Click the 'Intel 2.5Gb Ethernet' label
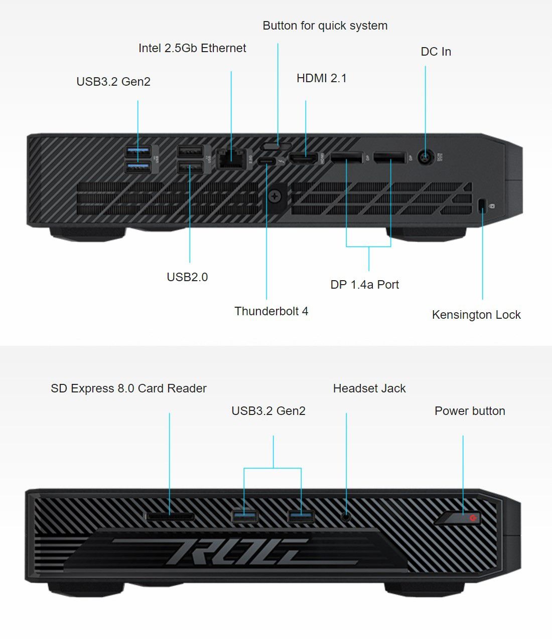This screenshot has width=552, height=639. [x=192, y=48]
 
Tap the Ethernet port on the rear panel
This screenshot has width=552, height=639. [x=230, y=158]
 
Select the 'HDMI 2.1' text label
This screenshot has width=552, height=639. [x=321, y=78]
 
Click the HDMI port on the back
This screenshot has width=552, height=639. [x=305, y=159]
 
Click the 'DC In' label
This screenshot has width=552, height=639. [x=436, y=52]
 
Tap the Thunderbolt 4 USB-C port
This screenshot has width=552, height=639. [x=266, y=162]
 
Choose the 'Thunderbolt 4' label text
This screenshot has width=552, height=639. [x=271, y=311]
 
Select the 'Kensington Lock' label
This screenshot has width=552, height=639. [x=476, y=315]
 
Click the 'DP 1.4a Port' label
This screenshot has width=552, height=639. [x=364, y=285]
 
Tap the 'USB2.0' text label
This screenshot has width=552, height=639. [x=187, y=277]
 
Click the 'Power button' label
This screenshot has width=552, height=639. [x=470, y=411]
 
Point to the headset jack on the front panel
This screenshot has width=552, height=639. [x=346, y=515]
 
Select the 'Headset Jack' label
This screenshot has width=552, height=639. [x=369, y=388]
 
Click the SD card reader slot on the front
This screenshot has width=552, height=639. [x=170, y=516]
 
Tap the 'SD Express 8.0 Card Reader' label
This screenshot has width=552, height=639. [x=128, y=388]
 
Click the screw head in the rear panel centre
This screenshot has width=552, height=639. [x=274, y=196]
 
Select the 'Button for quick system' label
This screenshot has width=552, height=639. [x=325, y=26]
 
